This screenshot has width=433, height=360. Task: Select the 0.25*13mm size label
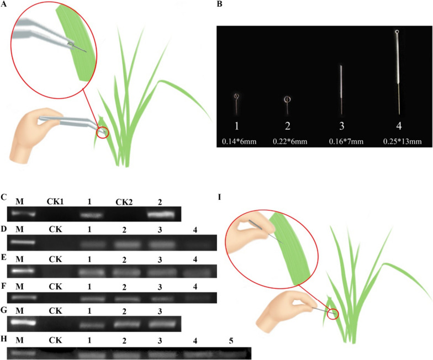tap(402, 142)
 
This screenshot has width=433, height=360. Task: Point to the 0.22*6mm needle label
tap(289, 142)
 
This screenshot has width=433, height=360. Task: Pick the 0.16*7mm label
tap(345, 142)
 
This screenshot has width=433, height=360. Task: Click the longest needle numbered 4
tap(397, 72)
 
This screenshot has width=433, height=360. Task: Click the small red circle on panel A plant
tap(103, 133)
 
